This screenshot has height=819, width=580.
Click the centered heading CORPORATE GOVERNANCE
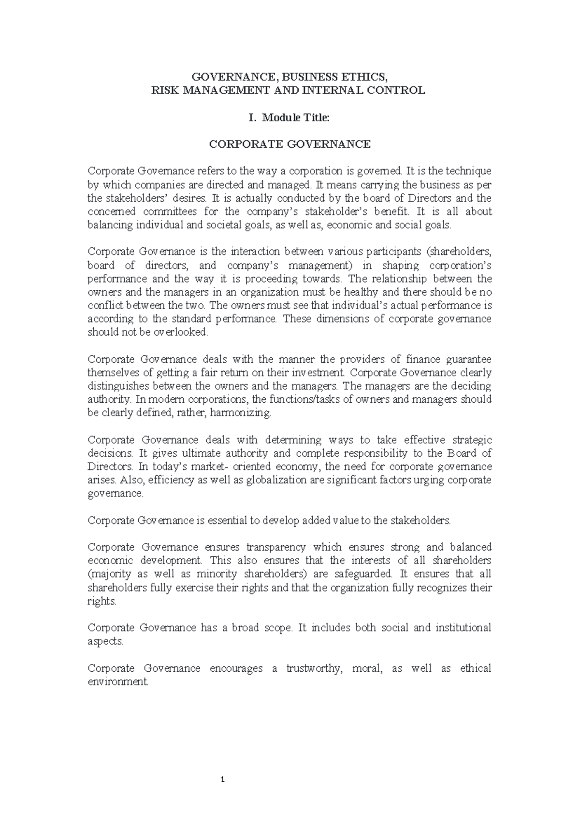290,144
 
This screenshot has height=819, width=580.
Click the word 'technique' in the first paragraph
468,171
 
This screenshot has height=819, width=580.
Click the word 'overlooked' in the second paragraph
180,332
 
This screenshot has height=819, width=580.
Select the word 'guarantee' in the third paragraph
468,359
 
